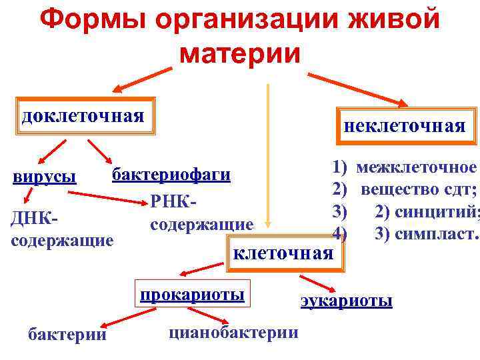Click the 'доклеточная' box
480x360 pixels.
point(83,117)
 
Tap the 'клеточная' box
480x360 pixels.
point(283,253)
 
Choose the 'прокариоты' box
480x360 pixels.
point(191,295)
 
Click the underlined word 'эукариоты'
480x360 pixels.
point(346,301)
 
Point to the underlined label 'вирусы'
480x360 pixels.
point(45,177)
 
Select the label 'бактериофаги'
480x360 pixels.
point(171,175)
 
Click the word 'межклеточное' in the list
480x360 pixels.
point(417,168)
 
